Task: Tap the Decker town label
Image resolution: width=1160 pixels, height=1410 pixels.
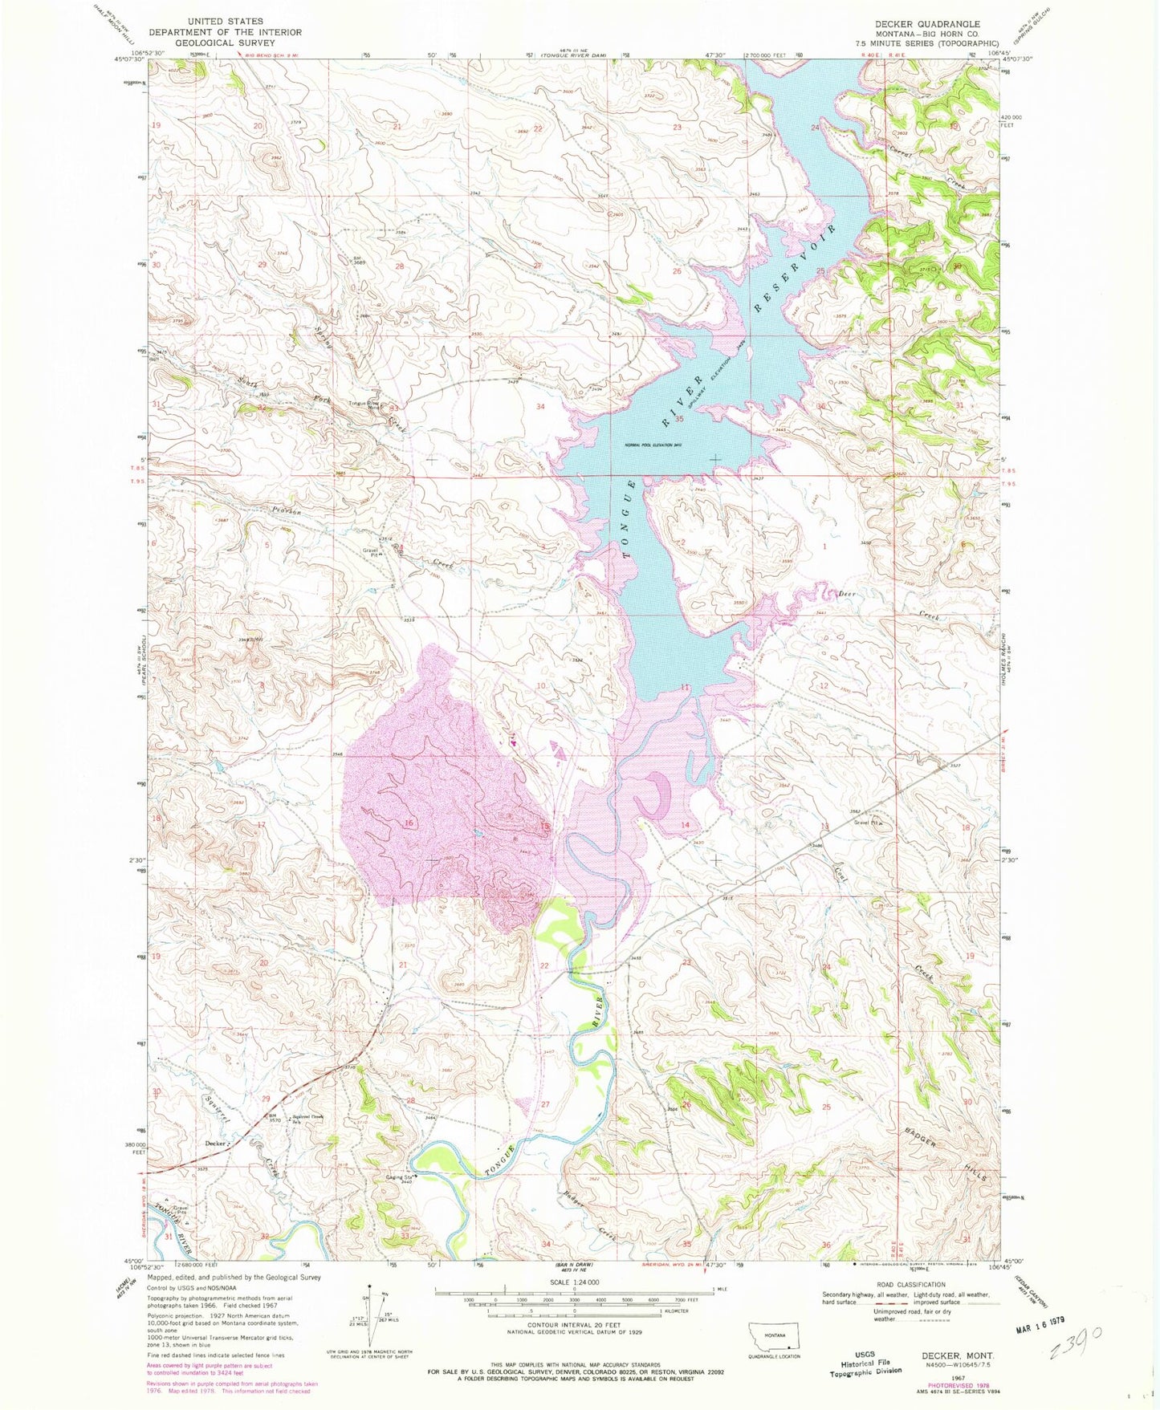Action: tap(214, 1143)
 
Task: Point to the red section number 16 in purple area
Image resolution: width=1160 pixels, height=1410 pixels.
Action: tap(409, 823)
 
